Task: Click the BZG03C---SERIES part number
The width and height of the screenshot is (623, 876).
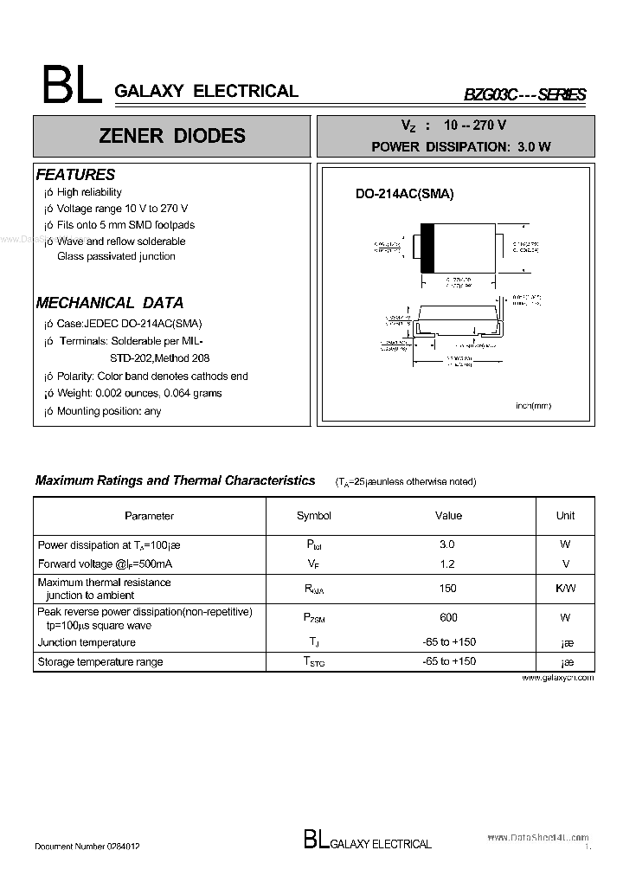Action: click(525, 94)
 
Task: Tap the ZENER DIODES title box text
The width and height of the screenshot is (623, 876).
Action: click(171, 136)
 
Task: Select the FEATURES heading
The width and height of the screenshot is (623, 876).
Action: click(75, 174)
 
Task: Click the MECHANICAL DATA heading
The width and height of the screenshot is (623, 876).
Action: click(109, 303)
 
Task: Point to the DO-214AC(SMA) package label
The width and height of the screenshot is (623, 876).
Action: click(404, 194)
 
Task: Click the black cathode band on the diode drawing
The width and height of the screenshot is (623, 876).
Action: click(427, 248)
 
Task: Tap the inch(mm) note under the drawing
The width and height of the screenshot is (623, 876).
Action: click(532, 406)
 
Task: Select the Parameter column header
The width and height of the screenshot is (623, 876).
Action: click(149, 516)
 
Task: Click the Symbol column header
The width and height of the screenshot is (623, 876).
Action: click(313, 516)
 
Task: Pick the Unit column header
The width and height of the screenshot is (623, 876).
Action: click(565, 516)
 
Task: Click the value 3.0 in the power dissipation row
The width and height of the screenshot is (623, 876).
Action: click(446, 544)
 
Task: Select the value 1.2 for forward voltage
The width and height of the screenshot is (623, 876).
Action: click(446, 564)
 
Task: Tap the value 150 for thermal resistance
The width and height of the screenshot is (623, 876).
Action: click(446, 589)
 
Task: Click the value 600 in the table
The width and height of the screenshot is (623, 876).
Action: click(447, 618)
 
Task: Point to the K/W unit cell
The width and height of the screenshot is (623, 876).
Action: click(565, 589)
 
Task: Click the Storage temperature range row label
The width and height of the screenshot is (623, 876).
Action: click(100, 662)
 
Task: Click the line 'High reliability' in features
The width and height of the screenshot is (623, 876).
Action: click(89, 192)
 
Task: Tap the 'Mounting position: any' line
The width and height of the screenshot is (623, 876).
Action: click(108, 411)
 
